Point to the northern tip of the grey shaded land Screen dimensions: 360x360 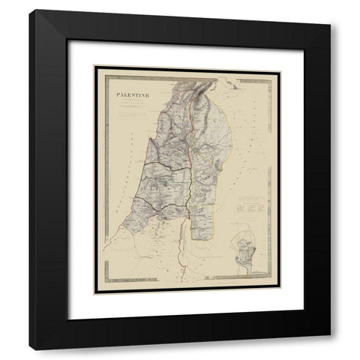(x=180, y=75)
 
